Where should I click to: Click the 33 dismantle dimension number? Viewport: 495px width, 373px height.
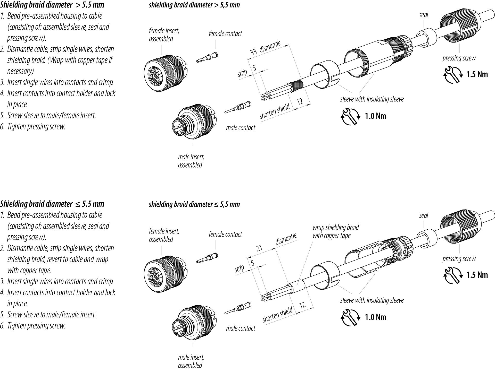click(253, 52)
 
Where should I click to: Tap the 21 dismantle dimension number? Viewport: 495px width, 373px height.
click(259, 248)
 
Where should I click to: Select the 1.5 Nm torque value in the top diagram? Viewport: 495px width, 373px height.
click(477, 74)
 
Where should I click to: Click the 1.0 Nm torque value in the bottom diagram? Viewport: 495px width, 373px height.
click(375, 317)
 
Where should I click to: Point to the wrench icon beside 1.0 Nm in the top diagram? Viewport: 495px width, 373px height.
click(350, 116)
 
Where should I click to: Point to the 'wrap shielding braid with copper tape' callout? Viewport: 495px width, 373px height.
click(335, 231)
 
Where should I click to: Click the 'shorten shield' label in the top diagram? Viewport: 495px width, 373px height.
click(274, 111)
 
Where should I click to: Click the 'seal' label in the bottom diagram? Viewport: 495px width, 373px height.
click(424, 215)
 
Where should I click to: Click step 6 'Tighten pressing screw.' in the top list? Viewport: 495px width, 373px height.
click(36, 127)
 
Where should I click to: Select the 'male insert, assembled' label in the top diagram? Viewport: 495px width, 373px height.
click(191, 161)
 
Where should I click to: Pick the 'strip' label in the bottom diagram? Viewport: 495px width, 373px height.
click(239, 268)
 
